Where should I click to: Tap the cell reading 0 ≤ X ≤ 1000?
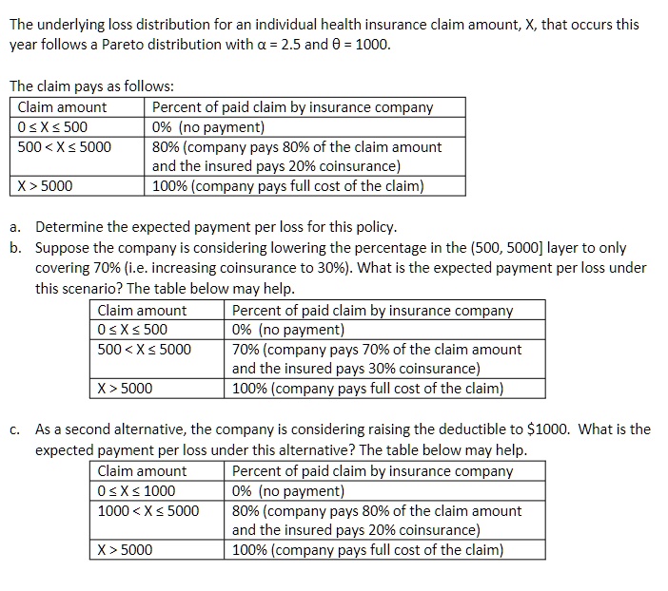(x=137, y=491)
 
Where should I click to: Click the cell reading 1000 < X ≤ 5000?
(x=149, y=511)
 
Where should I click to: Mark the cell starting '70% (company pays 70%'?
(x=377, y=350)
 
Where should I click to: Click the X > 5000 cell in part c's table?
(x=125, y=549)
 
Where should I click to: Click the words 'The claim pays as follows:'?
(x=91, y=86)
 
